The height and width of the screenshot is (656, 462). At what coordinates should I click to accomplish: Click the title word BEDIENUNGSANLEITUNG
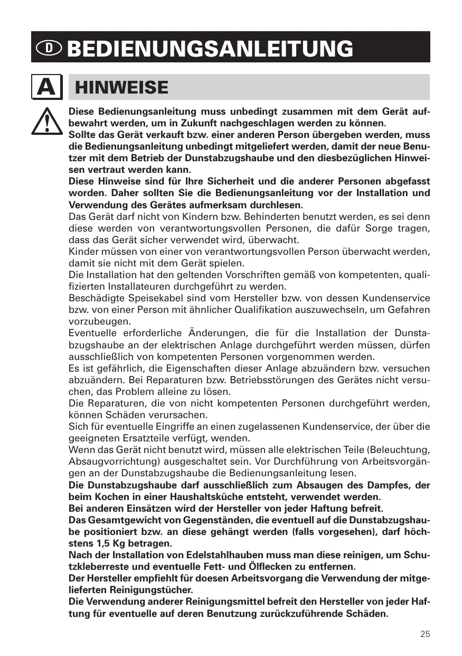(210, 49)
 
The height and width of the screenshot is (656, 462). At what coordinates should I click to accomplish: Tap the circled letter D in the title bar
(49, 48)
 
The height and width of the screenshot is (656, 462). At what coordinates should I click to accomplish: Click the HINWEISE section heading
(122, 87)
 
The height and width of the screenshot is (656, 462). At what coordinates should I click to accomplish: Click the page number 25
(425, 634)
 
